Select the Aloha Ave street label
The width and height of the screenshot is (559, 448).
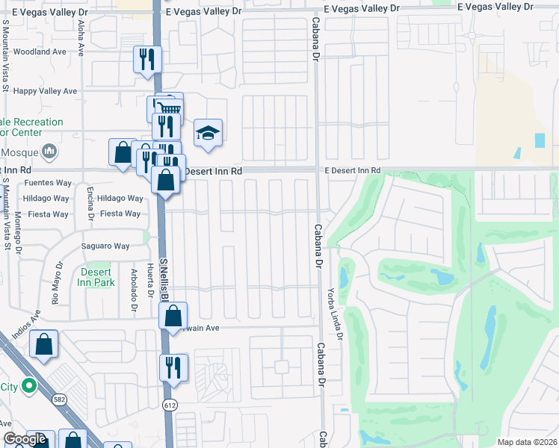tap(81, 34)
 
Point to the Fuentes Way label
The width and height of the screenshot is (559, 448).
tap(48, 182)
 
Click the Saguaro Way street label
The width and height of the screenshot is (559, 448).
tap(106, 246)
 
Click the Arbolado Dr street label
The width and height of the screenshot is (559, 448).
tap(135, 290)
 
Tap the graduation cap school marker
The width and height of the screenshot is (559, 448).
tap(209, 133)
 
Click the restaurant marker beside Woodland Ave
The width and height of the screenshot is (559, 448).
tap(146, 59)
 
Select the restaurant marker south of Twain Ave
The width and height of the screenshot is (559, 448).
tap(173, 367)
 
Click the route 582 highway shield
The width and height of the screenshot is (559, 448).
tap(58, 401)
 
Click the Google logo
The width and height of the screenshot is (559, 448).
tap(25, 440)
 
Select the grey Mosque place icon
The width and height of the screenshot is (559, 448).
tap(50, 152)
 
